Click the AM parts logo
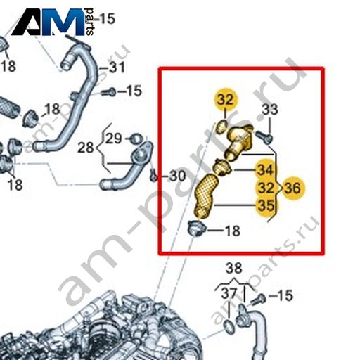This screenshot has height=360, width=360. tap(53, 22)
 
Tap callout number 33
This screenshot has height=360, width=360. tap(270, 110)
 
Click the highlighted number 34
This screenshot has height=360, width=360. tap(265, 169)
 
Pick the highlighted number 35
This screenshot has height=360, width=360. tap(266, 206)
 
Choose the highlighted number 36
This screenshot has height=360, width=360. tap(292, 188)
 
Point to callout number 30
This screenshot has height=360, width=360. tap(177, 176)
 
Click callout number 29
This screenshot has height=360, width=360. tap(114, 139)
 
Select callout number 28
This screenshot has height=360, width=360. tap(86, 148)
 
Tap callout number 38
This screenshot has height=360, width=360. tap(233, 268)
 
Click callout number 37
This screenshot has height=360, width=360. tap(229, 293)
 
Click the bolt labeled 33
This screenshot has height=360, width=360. tap(264, 137)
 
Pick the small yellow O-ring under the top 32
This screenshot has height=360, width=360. tap(221, 127)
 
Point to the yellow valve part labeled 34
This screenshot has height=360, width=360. tap(222, 167)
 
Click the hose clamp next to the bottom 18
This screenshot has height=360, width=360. tap(196, 229)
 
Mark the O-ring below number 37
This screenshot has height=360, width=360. tap(228, 327)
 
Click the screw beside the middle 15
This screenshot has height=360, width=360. tap(108, 92)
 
